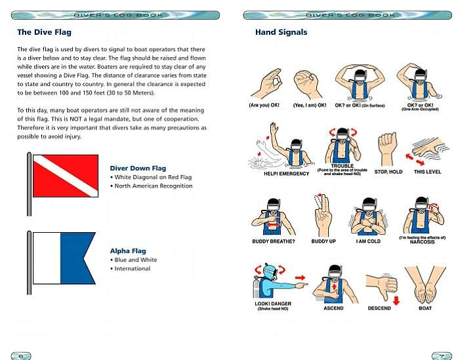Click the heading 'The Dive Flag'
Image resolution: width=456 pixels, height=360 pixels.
coord(44,32)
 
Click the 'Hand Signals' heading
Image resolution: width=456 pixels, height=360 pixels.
coord(281,32)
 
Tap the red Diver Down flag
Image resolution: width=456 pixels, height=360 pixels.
coord(66,176)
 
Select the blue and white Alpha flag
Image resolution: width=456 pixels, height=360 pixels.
coord(64,258)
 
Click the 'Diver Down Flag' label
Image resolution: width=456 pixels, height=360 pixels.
coord(138,168)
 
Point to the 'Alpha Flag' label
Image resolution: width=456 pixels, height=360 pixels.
coord(128,250)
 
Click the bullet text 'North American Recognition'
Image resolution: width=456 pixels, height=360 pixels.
coord(154,186)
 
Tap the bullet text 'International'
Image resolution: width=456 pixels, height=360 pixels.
coord(133,268)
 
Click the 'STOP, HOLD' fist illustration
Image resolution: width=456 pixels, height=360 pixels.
coord(387,149)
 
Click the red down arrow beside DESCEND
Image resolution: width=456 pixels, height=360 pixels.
coord(396,301)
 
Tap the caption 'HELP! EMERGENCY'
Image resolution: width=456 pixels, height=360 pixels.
coord(287,174)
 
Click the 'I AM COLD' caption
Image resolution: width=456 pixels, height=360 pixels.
coord(368,241)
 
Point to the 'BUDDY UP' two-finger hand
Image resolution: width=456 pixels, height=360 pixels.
coord(323,215)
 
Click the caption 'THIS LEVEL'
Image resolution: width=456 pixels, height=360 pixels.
coord(427,172)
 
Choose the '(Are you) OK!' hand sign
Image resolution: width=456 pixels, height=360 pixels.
coord(266,83)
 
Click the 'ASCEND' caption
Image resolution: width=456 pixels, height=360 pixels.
coord(333,308)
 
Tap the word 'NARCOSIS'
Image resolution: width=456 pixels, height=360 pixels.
coord(423,242)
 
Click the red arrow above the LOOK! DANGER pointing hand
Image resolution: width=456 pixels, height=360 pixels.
coord(301,277)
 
